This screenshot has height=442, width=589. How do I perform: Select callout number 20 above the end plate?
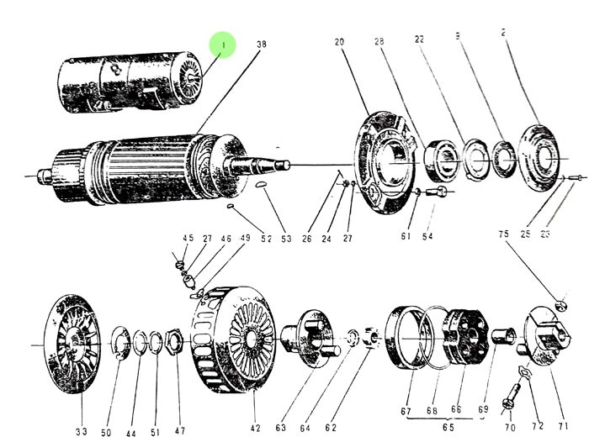(339, 42)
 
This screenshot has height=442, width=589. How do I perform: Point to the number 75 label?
(503, 235)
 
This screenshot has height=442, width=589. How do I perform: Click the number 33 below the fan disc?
(81, 432)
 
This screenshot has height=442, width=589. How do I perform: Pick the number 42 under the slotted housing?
(256, 429)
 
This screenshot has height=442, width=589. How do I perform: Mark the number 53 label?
(285, 239)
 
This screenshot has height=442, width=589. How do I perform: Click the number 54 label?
(427, 238)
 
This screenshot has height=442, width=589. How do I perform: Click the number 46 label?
(226, 239)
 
